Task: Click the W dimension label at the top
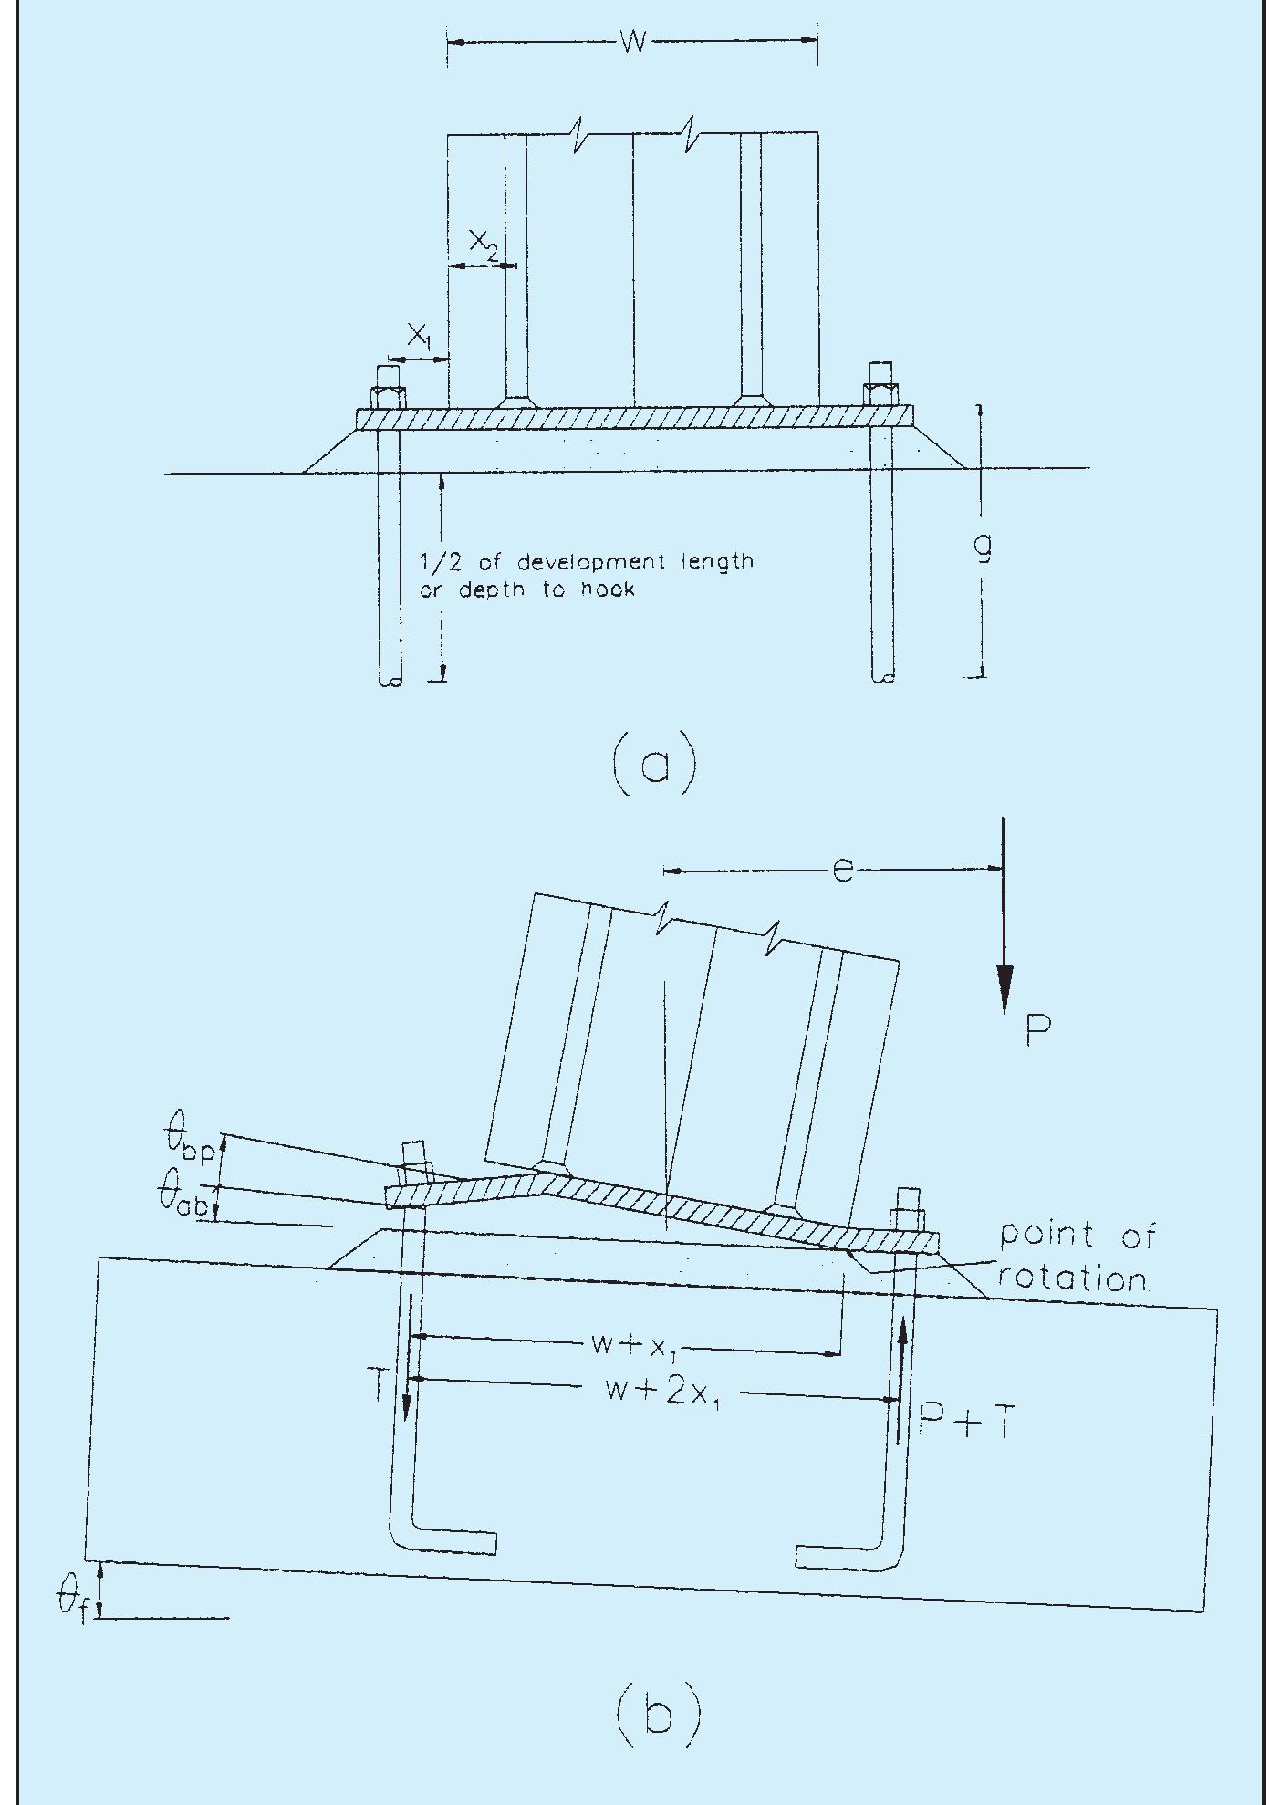(x=633, y=42)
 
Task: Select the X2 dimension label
(x=484, y=245)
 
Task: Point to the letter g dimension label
(x=984, y=547)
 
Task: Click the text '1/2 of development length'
(x=586, y=561)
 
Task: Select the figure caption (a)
(x=654, y=765)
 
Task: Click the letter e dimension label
(x=843, y=871)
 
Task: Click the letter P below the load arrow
(x=1037, y=1031)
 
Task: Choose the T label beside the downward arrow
(x=382, y=1386)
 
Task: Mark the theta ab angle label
(x=188, y=1198)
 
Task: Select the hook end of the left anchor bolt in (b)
(x=456, y=1542)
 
